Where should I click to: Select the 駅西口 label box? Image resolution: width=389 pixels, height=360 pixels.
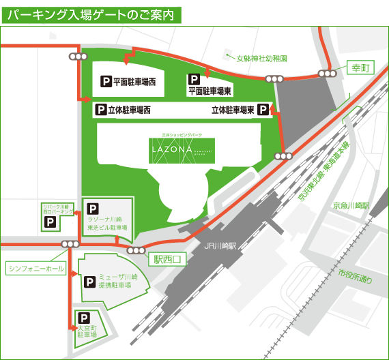click(168, 258)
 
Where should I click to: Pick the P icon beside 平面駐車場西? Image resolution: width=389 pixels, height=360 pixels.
click(106, 81)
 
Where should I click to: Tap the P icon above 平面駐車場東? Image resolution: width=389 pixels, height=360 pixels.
click(194, 79)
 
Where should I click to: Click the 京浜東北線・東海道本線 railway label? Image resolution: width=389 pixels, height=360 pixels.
click(323, 172)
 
